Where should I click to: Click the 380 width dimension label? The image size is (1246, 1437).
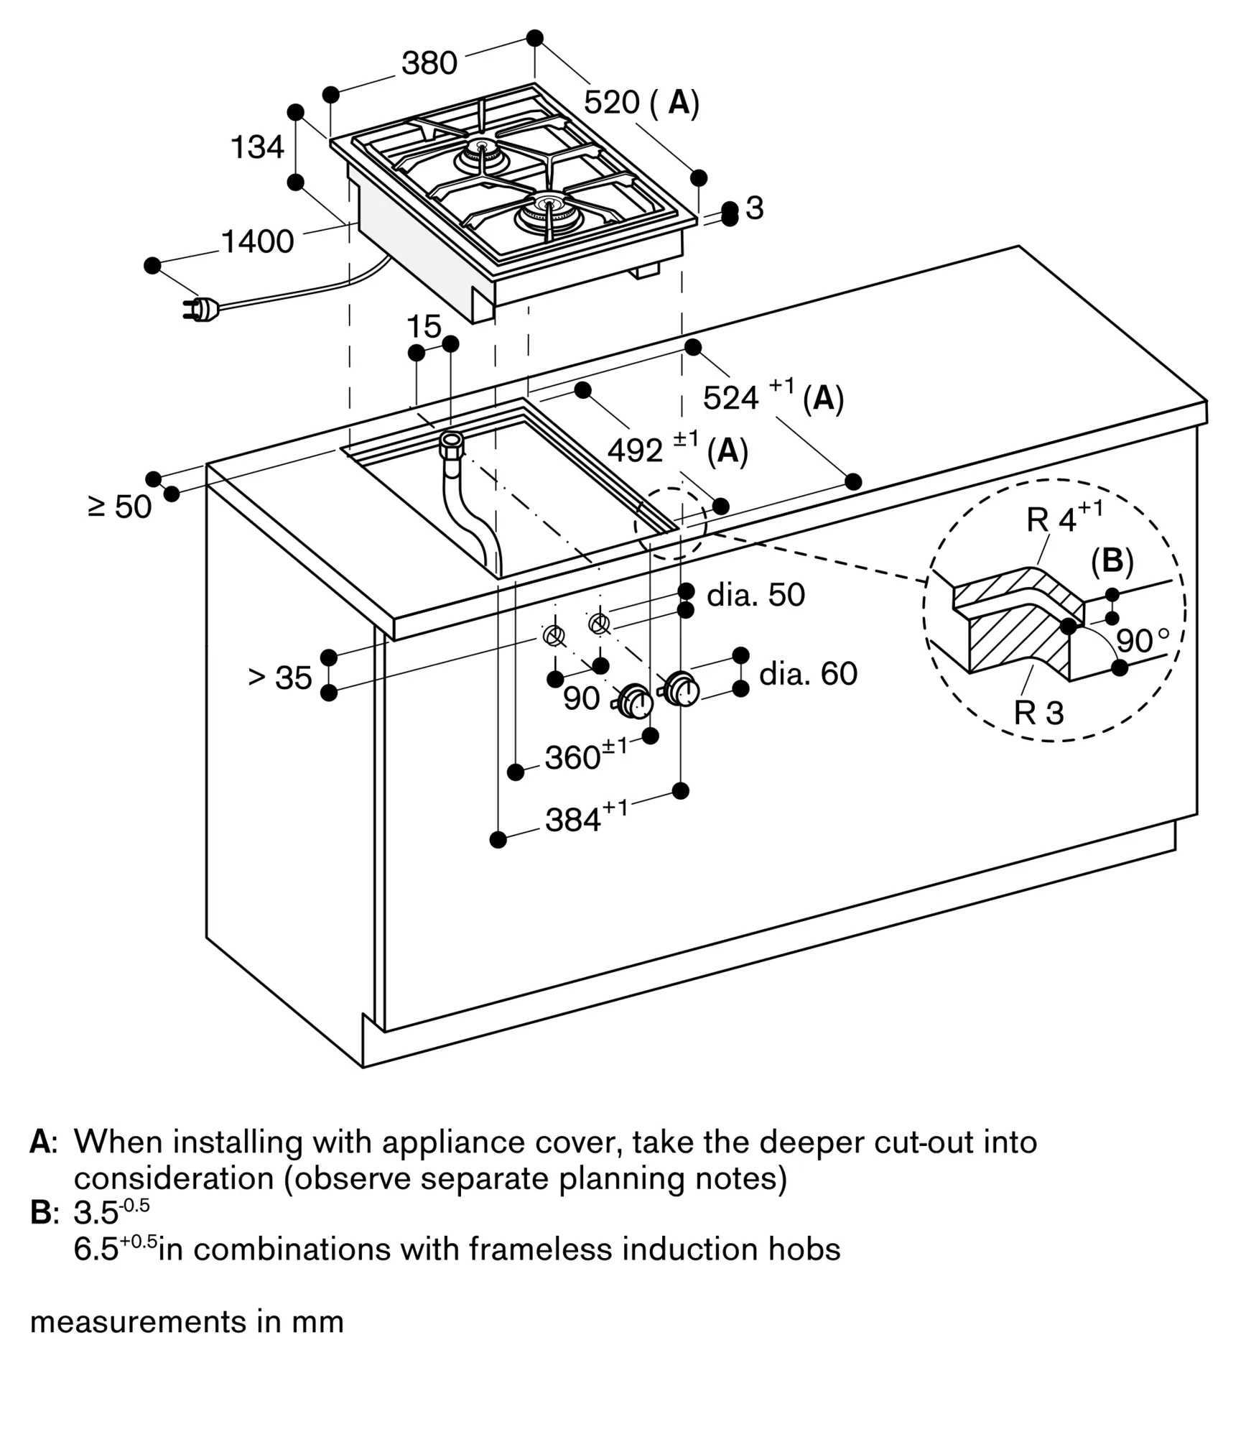point(429,63)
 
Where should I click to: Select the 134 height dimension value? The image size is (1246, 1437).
point(257,147)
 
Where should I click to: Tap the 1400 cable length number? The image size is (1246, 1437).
point(257,241)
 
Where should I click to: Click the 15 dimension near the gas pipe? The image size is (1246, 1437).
point(424,327)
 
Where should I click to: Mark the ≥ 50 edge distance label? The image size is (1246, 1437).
point(119,507)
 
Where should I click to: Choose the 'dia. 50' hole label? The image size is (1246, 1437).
point(755,595)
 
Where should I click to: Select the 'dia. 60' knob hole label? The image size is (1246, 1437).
point(808,674)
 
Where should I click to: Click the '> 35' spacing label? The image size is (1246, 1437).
point(280,677)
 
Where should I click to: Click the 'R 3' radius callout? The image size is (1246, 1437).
point(1038,712)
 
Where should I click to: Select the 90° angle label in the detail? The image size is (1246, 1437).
point(1142,640)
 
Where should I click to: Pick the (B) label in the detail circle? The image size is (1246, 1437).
point(1112,561)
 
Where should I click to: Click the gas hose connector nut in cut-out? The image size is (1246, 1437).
point(452,443)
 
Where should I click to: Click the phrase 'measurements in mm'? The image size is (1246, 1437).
point(187,1321)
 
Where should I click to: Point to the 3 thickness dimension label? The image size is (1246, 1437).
point(754,208)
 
